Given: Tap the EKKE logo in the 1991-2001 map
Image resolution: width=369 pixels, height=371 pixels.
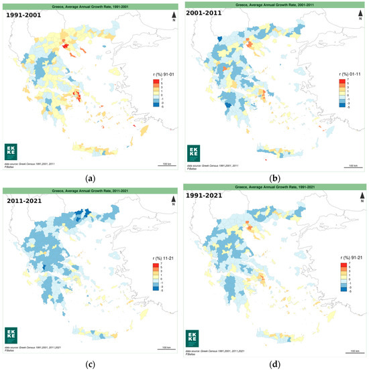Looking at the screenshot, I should click(x=13, y=149).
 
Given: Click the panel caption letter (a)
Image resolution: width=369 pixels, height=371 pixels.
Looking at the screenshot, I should click(x=91, y=177).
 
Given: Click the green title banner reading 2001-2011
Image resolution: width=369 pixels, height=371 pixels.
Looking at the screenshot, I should click(x=276, y=4).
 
